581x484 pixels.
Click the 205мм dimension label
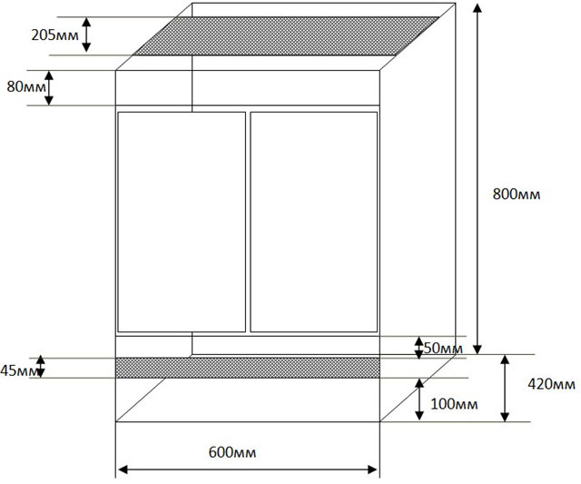point(54,35)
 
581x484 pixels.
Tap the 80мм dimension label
point(26,87)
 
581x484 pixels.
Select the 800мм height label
point(517,194)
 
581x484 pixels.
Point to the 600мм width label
point(232,452)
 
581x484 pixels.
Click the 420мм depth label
point(552,384)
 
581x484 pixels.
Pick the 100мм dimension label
point(454,403)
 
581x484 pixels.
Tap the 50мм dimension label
point(444,349)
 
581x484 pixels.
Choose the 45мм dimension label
point(19,370)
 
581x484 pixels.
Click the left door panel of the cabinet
point(182,222)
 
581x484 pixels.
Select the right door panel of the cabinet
point(314,222)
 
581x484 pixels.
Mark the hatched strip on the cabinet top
point(286,36)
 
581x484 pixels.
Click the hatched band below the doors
point(248,368)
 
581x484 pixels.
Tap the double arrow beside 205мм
point(86,35)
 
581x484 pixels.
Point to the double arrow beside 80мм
point(49,88)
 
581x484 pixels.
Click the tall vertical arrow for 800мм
point(478,179)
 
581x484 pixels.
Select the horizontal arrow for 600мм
point(248,469)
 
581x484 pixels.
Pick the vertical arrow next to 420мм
point(505,388)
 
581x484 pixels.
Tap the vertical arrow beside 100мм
point(419,400)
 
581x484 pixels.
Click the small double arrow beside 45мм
point(40,367)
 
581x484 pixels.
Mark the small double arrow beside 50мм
point(419,348)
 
